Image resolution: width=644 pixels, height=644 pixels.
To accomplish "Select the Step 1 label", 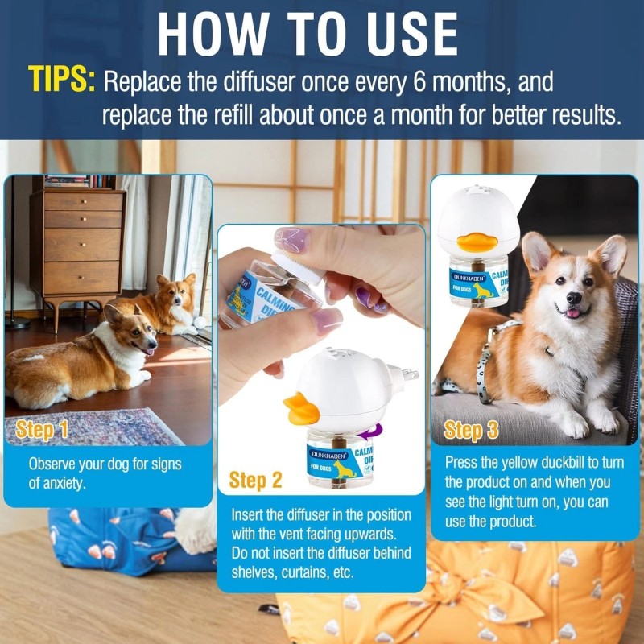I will [x=42, y=429].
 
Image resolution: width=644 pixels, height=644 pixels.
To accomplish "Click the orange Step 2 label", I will [x=255, y=480].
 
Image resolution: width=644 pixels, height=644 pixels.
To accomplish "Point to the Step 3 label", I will [x=472, y=429].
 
